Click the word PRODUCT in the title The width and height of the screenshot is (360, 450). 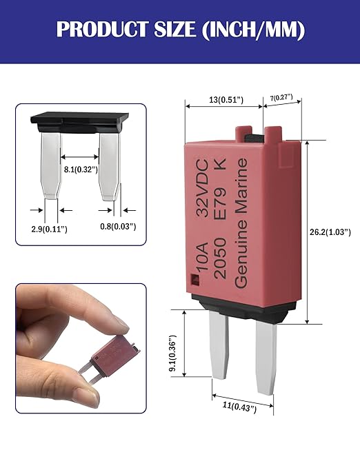[102, 29]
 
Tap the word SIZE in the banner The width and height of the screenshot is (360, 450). [175, 29]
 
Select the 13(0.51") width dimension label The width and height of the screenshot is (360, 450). [226, 100]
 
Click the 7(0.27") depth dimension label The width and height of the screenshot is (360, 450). [281, 98]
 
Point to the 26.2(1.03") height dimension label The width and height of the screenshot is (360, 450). [330, 232]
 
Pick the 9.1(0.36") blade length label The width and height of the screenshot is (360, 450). [172, 353]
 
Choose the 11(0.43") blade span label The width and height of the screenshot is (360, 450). [239, 407]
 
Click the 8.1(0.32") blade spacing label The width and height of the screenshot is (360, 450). [81, 170]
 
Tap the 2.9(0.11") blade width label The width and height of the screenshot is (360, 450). [49, 229]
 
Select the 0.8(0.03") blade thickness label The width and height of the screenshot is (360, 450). [118, 227]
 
